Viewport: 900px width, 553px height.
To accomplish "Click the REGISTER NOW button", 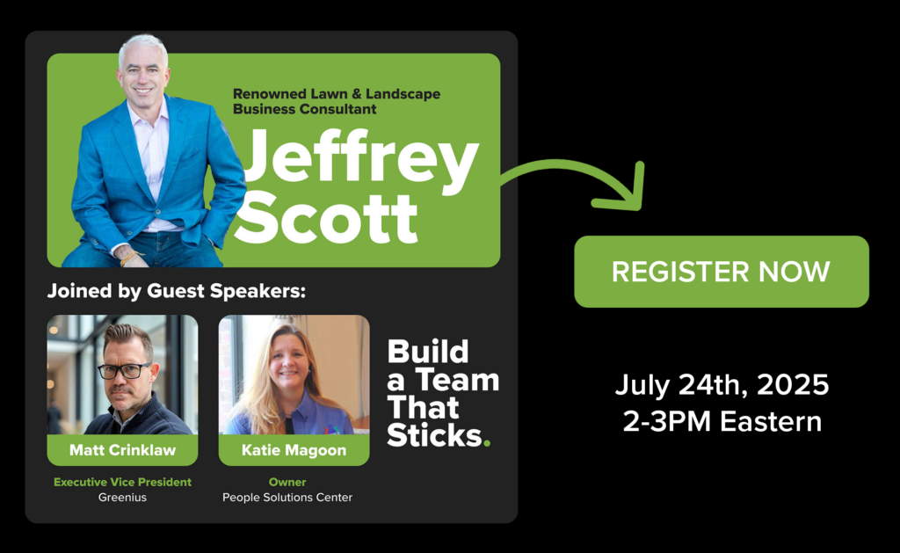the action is click(722, 272).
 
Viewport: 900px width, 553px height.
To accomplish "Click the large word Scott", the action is click(325, 218).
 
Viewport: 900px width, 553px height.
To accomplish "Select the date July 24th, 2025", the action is click(722, 385).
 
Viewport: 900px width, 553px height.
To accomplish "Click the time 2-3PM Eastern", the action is click(722, 421).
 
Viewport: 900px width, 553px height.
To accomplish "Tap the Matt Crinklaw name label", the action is click(122, 450).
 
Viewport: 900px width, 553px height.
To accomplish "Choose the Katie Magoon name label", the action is click(294, 450).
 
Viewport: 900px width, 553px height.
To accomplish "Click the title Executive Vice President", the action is click(122, 483).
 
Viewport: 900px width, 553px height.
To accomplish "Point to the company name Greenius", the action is click(122, 498).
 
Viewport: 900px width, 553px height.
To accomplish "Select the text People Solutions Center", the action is click(287, 498).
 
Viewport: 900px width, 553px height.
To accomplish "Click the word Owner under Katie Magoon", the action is click(287, 483).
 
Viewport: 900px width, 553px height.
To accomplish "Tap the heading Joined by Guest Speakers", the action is click(176, 291).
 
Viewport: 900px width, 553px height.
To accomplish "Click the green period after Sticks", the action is click(487, 443).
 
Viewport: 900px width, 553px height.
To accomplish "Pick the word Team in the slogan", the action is click(457, 380).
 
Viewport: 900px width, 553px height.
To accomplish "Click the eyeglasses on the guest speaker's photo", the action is click(125, 370).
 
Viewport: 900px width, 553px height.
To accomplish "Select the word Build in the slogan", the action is click(428, 352).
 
